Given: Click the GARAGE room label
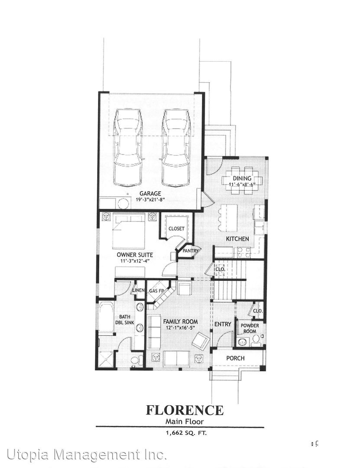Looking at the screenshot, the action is pos(150,193).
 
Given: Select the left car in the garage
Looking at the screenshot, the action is pos(128,148).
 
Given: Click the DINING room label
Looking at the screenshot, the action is pos(242,178).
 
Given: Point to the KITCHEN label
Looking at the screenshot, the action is pos(237,239).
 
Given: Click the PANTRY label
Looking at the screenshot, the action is pos(191,251).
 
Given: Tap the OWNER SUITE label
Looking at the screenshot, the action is pos(135,255).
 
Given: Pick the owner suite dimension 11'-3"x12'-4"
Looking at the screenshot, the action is pos(135,261).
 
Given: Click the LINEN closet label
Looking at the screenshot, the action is pos(139,290).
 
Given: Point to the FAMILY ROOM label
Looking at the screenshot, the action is pos(180,322).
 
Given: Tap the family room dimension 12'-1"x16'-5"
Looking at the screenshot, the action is pos(180,328).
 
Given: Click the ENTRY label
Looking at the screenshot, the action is pos(223,324).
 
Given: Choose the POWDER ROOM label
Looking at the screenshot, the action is pos(250,328).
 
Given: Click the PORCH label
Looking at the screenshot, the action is pos(235,358).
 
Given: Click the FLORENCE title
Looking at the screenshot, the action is pos(185,410).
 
